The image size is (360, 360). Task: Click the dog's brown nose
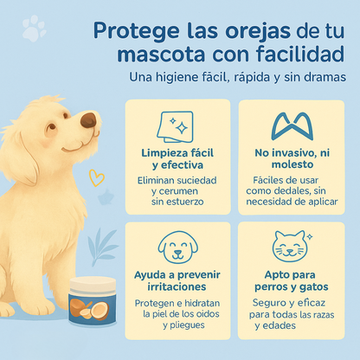tap(88, 120)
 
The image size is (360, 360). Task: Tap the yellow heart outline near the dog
tap(96, 177)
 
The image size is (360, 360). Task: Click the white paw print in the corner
tap(34, 28)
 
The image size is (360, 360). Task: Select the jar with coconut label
tap(93, 301)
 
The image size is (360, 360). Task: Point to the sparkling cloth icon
tap(175, 126)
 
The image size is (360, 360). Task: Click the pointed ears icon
tap(292, 127)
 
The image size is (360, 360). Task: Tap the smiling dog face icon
tap(178, 247)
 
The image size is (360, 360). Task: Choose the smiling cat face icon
tap(292, 246)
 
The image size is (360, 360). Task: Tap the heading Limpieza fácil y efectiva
tap(177, 159)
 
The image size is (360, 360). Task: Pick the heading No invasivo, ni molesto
tap(292, 158)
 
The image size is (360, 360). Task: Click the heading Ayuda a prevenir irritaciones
tap(177, 280)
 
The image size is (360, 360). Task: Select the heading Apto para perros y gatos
tap(292, 280)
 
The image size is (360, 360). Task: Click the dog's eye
tap(52, 126)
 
